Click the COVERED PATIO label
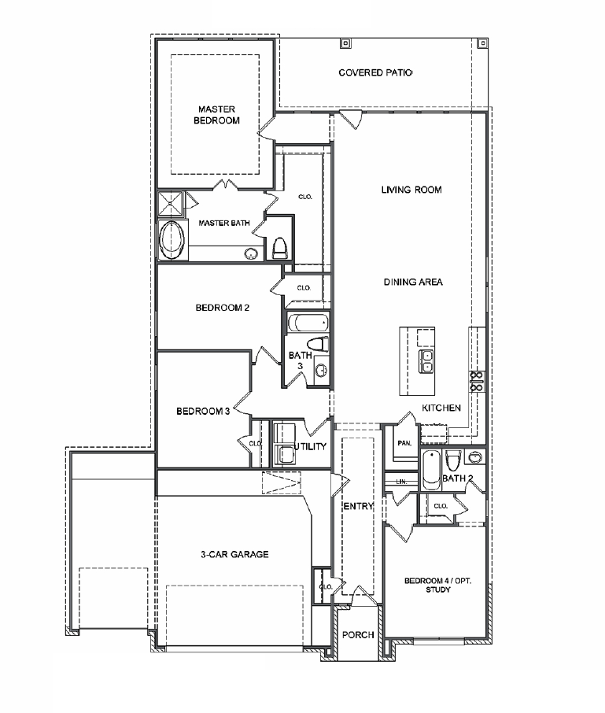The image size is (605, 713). (375, 72)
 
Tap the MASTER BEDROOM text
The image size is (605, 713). (218, 115)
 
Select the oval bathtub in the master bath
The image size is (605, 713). (172, 240)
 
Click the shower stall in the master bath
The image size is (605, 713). (170, 202)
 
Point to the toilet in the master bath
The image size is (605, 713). (279, 249)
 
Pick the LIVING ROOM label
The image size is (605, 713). (411, 190)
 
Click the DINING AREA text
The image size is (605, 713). (413, 282)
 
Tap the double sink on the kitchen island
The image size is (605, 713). (426, 361)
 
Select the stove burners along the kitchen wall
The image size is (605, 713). (476, 381)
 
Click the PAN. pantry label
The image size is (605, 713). (404, 444)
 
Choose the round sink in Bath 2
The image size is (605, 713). (474, 457)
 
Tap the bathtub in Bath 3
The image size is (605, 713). (307, 323)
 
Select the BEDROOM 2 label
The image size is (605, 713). (223, 308)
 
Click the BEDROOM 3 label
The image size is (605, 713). (203, 411)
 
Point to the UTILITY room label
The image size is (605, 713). (310, 446)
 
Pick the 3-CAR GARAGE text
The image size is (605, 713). (234, 554)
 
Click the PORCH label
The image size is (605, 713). (357, 635)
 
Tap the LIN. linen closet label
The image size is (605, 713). (401, 481)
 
